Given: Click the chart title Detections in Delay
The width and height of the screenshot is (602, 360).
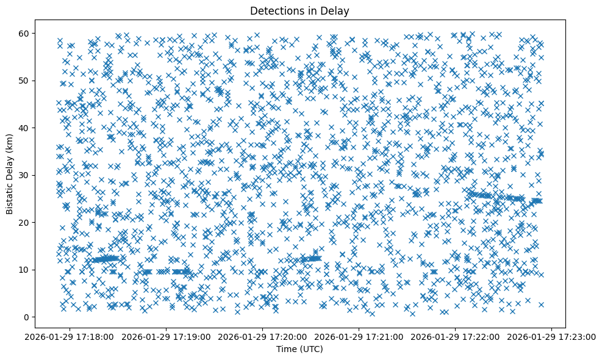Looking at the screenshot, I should coord(300,10).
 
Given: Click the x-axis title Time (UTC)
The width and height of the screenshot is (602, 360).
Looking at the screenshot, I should coord(300,349).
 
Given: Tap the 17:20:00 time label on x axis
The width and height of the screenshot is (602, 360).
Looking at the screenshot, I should coord(263,336).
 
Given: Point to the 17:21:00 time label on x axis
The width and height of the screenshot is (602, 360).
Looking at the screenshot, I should coord(359,336).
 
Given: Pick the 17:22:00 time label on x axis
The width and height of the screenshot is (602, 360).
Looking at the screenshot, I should coord(455,336).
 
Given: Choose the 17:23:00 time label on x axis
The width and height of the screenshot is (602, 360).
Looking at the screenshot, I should coord(551,336).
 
